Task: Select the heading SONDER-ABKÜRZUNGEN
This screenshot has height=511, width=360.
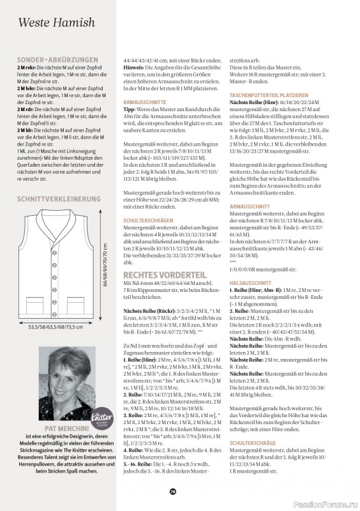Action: click(x=58, y=59)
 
